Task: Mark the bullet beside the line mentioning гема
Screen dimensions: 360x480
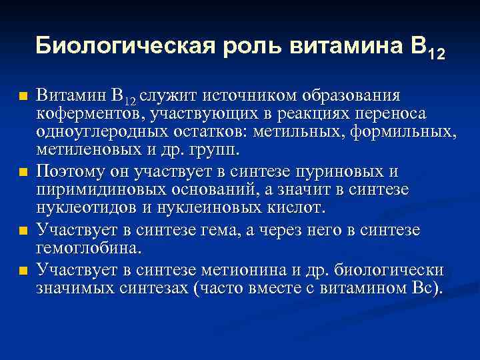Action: (23, 231)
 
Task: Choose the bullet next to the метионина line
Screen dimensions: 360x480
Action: (23, 270)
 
